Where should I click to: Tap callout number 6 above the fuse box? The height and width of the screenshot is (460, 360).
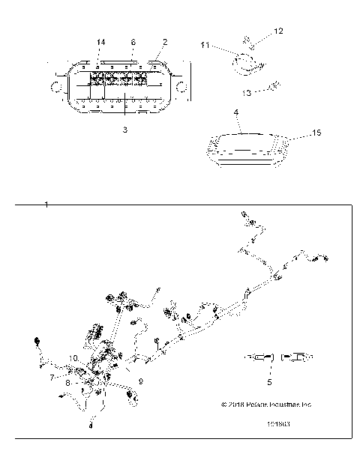click(x=133, y=42)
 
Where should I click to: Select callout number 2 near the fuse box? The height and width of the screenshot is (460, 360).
click(x=165, y=42)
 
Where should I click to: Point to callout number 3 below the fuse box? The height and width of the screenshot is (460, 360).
click(x=125, y=130)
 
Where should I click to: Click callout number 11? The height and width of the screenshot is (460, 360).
click(x=205, y=46)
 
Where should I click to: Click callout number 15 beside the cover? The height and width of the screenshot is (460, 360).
click(x=316, y=133)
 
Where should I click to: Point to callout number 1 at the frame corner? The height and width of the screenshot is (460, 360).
click(x=46, y=205)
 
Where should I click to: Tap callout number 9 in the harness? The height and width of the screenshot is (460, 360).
click(x=140, y=381)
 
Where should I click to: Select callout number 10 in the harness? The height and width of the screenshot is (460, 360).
click(x=75, y=358)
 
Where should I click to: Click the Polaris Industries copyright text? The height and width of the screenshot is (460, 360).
click(x=265, y=405)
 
